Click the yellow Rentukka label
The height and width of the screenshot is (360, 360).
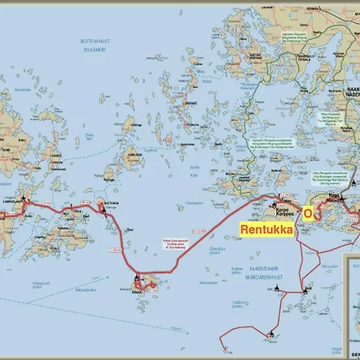click(x=268, y=228)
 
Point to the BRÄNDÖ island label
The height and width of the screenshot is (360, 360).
click(x=190, y=103)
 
